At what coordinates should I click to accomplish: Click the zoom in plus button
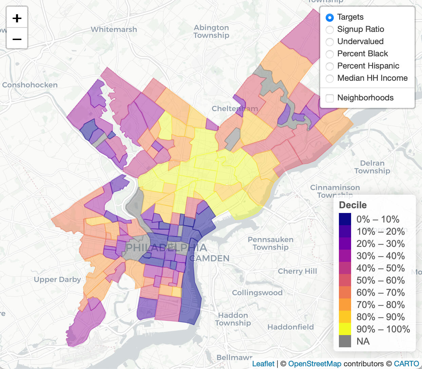[17, 18]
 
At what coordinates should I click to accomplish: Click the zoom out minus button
[17, 39]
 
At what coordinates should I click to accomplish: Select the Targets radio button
[329, 17]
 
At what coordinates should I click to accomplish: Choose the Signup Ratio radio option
[329, 30]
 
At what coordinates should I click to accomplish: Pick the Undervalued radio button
[329, 42]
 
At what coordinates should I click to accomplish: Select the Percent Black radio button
[329, 54]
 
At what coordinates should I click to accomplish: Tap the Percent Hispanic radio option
[329, 66]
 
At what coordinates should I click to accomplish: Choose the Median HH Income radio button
[329, 78]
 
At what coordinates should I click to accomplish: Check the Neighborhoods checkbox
[329, 98]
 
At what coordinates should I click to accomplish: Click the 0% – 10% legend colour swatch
[345, 219]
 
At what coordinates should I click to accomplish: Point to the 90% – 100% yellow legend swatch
[345, 329]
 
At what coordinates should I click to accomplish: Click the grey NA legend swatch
[345, 341]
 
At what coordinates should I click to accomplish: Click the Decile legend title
[353, 205]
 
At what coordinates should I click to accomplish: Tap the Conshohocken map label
[30, 85]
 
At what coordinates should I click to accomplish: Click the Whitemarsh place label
[114, 30]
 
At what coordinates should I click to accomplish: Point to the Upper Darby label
[57, 279]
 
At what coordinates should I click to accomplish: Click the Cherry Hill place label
[297, 271]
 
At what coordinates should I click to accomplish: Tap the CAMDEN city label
[209, 258]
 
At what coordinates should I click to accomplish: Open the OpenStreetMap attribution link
[314, 364]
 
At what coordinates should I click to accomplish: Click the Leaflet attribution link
[263, 364]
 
